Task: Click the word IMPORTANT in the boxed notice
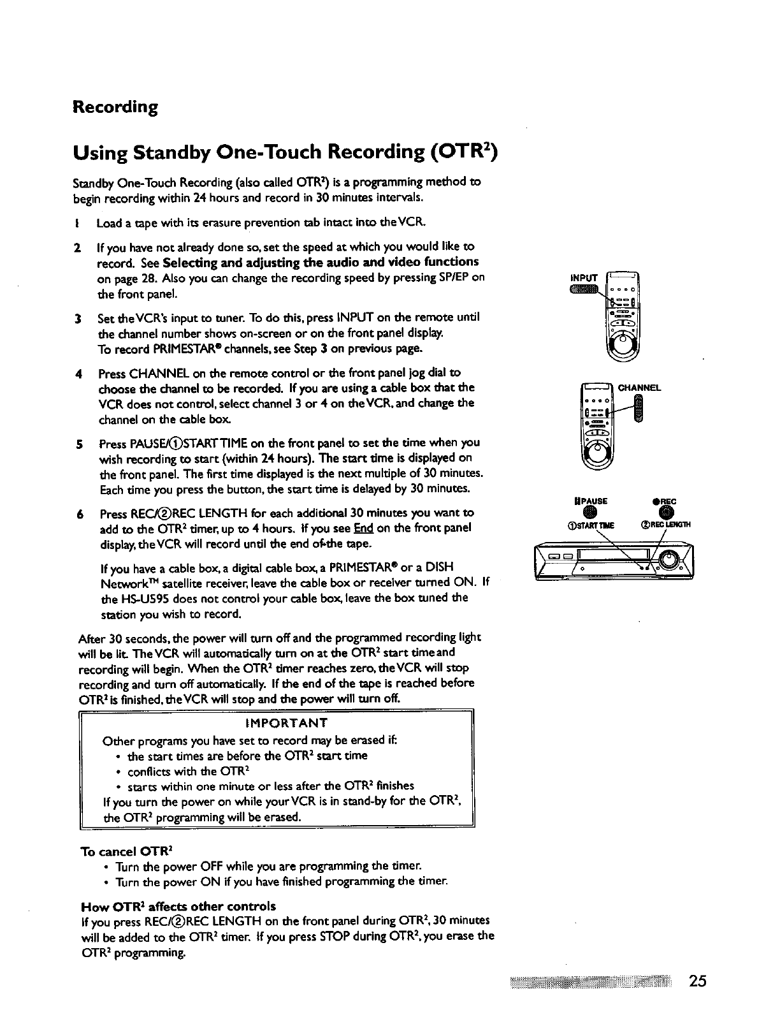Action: pyautogui.click(x=286, y=722)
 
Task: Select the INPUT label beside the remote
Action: pyautogui.click(x=584, y=277)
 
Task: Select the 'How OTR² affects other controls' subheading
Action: pyautogui.click(x=178, y=906)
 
